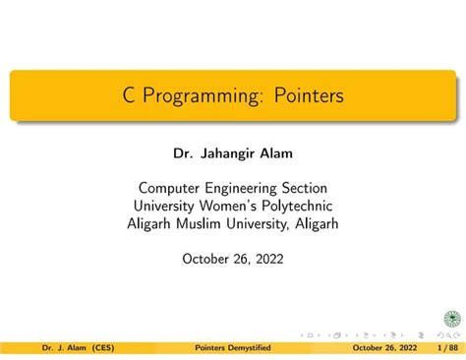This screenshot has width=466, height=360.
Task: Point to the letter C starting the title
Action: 129,96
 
